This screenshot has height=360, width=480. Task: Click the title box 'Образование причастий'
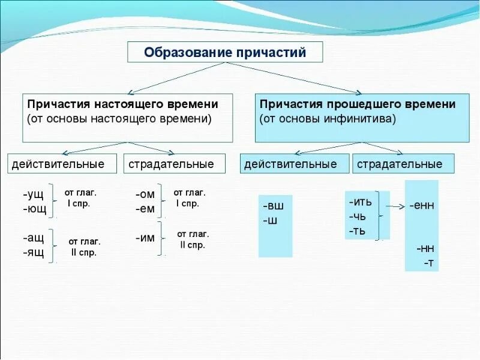tap(225, 52)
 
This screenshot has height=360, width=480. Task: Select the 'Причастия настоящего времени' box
tap(127, 117)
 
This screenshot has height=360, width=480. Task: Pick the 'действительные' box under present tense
tap(58, 164)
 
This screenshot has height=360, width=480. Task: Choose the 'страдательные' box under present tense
tap(175, 164)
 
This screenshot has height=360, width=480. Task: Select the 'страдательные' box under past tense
tap(404, 164)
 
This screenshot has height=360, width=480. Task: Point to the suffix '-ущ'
tap(34, 195)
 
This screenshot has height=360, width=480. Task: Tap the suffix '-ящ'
tap(34, 252)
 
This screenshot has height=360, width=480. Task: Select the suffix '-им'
tap(145, 238)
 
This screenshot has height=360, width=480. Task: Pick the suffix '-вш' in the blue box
tap(273, 206)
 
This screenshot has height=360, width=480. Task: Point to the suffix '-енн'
tap(422, 205)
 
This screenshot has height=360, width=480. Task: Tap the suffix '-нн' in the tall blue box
tap(425, 248)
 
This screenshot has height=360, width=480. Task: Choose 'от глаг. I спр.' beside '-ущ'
tap(80, 197)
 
